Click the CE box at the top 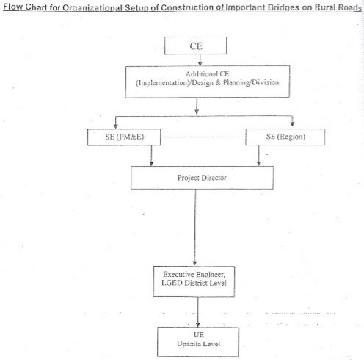pyautogui.click(x=196, y=46)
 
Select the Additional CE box pyautogui.click(x=208, y=82)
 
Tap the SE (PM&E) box pyautogui.click(x=124, y=137)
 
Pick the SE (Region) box pyautogui.click(x=285, y=137)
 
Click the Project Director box pyautogui.click(x=202, y=178)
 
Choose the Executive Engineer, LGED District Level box pyautogui.click(x=194, y=281)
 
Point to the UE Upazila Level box pyautogui.click(x=198, y=342)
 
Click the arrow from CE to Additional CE pyautogui.click(x=200, y=60)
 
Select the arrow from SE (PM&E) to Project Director pyautogui.click(x=151, y=156)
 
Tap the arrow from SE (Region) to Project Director pyautogui.click(x=259, y=156)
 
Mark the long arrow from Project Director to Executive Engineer pyautogui.click(x=195, y=227)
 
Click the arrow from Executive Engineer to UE pyautogui.click(x=198, y=312)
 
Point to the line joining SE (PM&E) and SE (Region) pyautogui.click(x=203, y=137)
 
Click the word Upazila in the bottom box pyautogui.click(x=187, y=344)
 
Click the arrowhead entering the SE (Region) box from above pyautogui.click(x=292, y=124)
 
